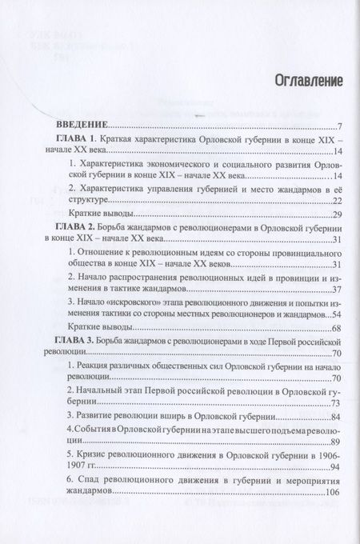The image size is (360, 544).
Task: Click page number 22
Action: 336,200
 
